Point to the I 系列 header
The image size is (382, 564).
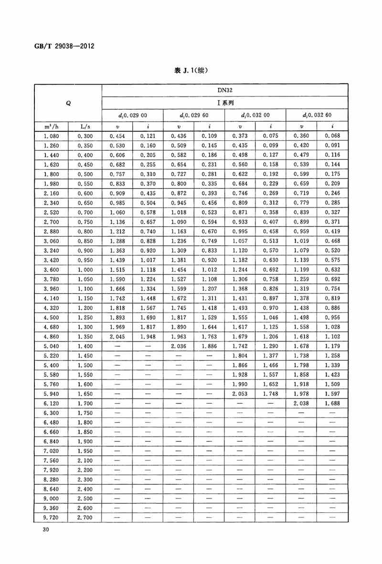(x=224, y=102)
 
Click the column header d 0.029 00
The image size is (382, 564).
(x=132, y=115)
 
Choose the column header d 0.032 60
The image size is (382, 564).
(x=317, y=115)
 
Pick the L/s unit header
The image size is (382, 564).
(x=85, y=126)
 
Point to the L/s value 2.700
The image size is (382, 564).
(x=85, y=517)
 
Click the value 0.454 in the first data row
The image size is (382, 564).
(x=117, y=136)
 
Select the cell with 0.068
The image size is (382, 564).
(x=332, y=136)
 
